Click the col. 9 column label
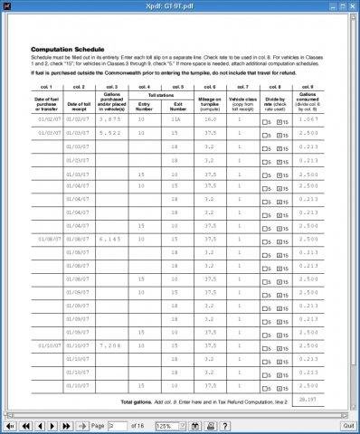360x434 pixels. point(308,85)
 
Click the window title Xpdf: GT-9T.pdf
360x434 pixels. point(179,5)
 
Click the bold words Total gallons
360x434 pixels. point(140,400)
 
